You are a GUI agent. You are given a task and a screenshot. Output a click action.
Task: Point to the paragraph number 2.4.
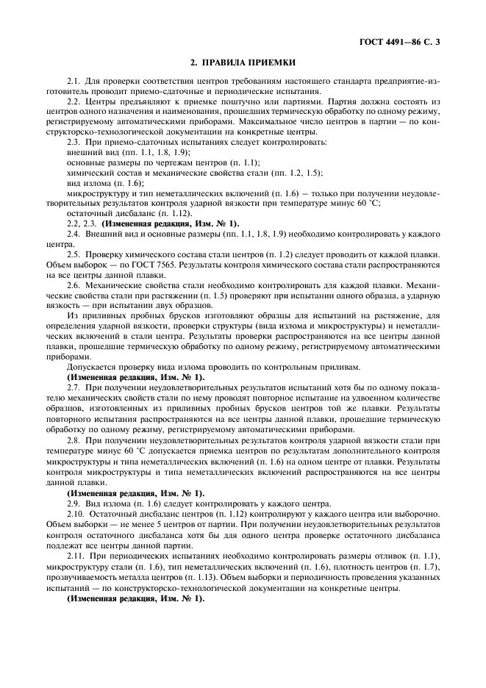74,233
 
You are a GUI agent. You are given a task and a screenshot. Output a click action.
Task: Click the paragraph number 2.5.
74,254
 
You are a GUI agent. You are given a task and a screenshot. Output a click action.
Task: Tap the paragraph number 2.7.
74,386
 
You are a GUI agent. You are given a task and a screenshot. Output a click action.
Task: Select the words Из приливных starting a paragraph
90,315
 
